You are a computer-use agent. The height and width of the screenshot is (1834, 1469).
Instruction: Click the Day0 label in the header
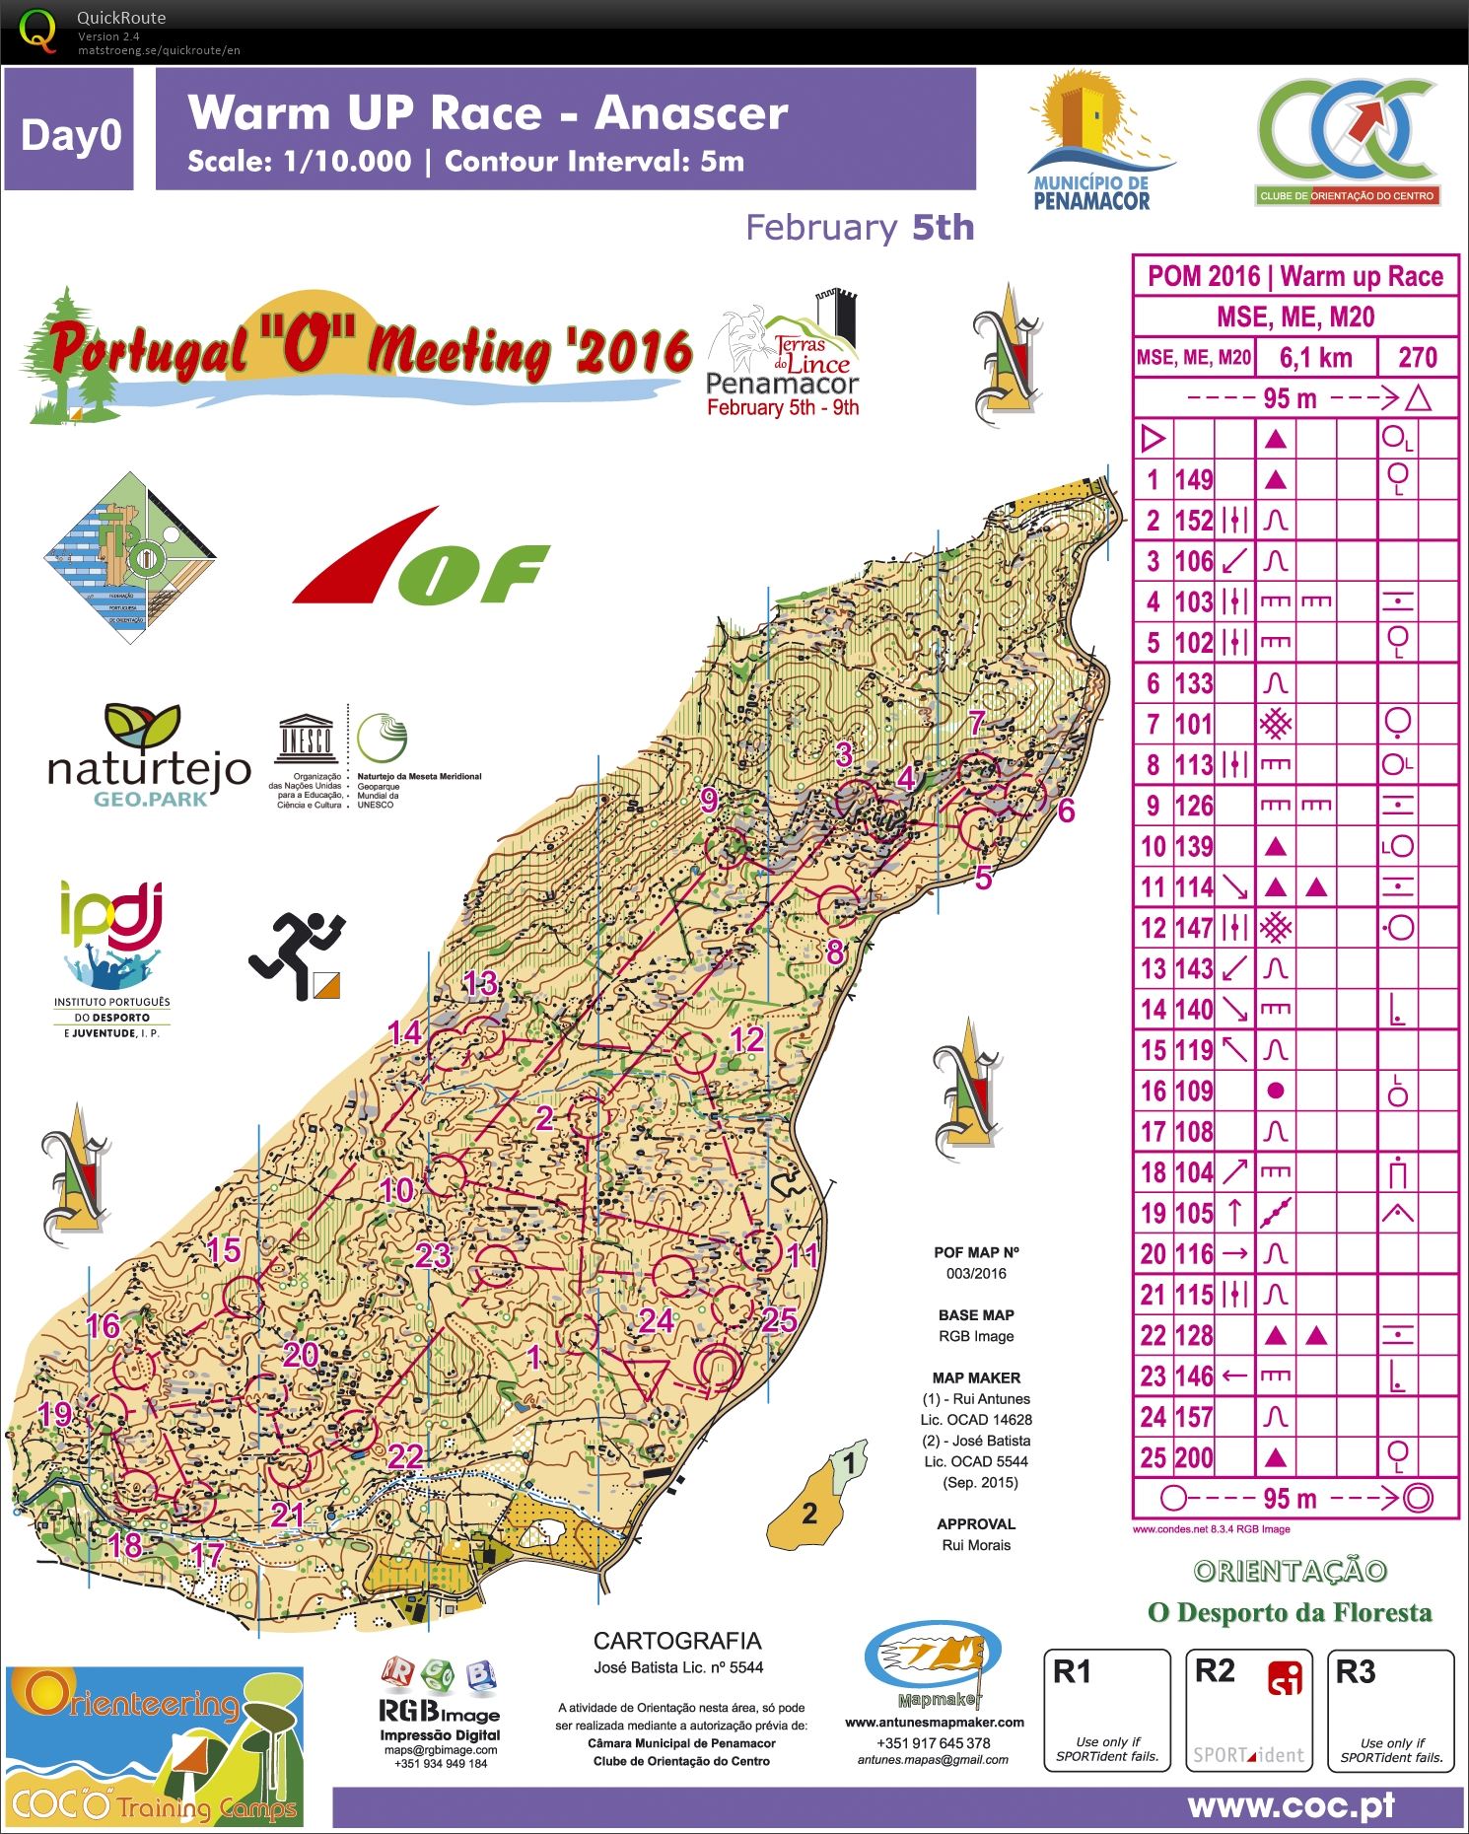pos(70,134)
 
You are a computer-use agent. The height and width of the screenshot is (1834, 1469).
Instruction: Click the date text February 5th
pos(859,228)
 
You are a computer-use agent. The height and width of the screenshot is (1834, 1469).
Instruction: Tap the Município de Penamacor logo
pos(1092,141)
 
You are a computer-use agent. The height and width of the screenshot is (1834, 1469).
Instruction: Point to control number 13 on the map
pos(480,983)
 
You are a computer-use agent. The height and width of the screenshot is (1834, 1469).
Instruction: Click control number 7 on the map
pos(976,723)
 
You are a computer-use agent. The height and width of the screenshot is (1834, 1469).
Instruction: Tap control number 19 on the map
pos(55,1413)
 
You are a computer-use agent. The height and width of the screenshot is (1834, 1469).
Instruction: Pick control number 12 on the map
pos(747,1039)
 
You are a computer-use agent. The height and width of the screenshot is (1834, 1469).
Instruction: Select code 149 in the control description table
pos(1194,480)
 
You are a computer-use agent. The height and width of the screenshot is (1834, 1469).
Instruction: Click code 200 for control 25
pos(1194,1457)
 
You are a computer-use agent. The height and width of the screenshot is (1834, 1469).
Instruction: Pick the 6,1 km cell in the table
pos(1315,358)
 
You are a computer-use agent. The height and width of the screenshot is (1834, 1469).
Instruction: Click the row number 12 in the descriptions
pos(1154,928)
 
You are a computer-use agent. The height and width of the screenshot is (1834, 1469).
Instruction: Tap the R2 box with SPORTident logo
pos(1248,1711)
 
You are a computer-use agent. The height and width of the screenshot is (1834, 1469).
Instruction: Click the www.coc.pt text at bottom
pos(1291,1806)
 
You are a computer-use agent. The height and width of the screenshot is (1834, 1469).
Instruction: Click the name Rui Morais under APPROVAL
pos(976,1545)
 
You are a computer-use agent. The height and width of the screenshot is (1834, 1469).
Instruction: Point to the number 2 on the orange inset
pos(809,1514)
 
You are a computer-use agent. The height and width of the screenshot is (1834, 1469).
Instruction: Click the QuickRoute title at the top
pos(121,18)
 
